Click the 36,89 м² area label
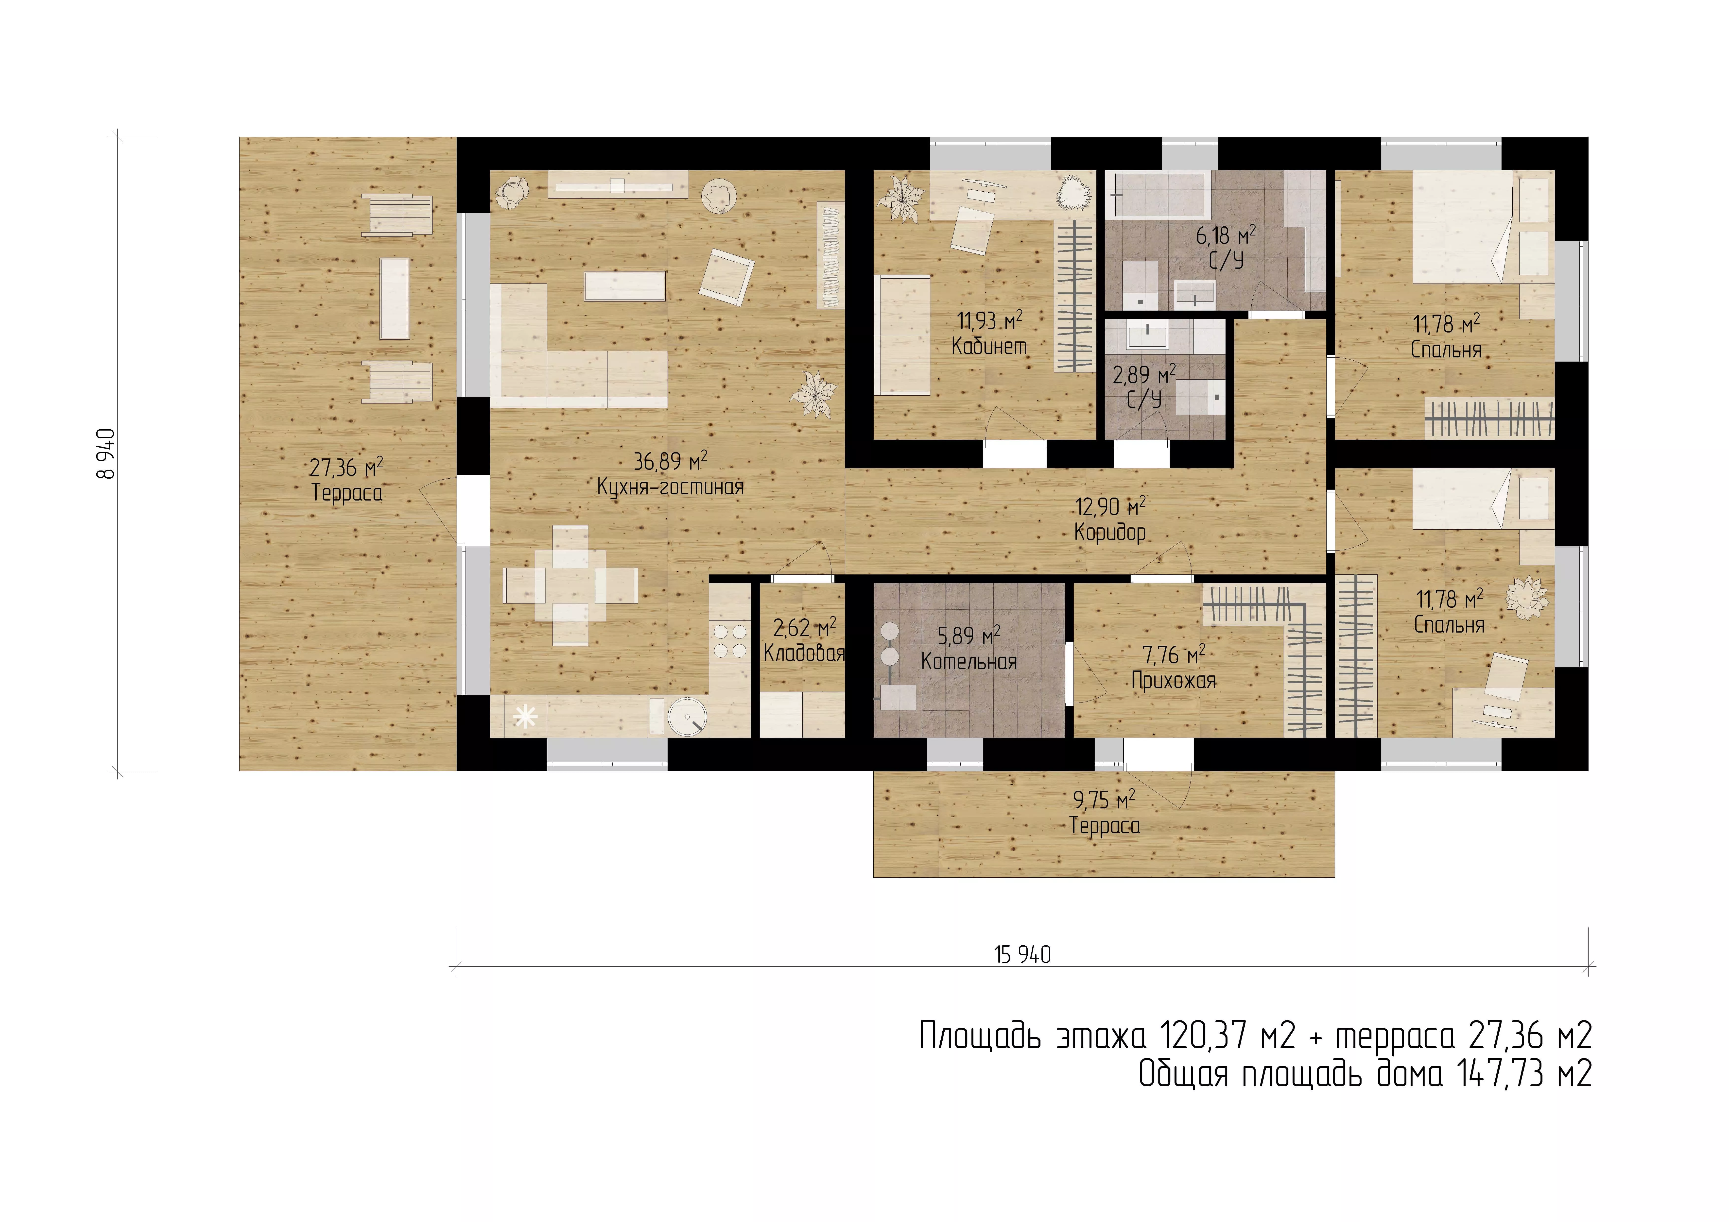670,461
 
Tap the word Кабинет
989,346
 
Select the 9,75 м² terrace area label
1104,799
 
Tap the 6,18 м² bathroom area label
1226,236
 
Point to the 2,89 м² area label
1144,374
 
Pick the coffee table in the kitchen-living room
624,286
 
